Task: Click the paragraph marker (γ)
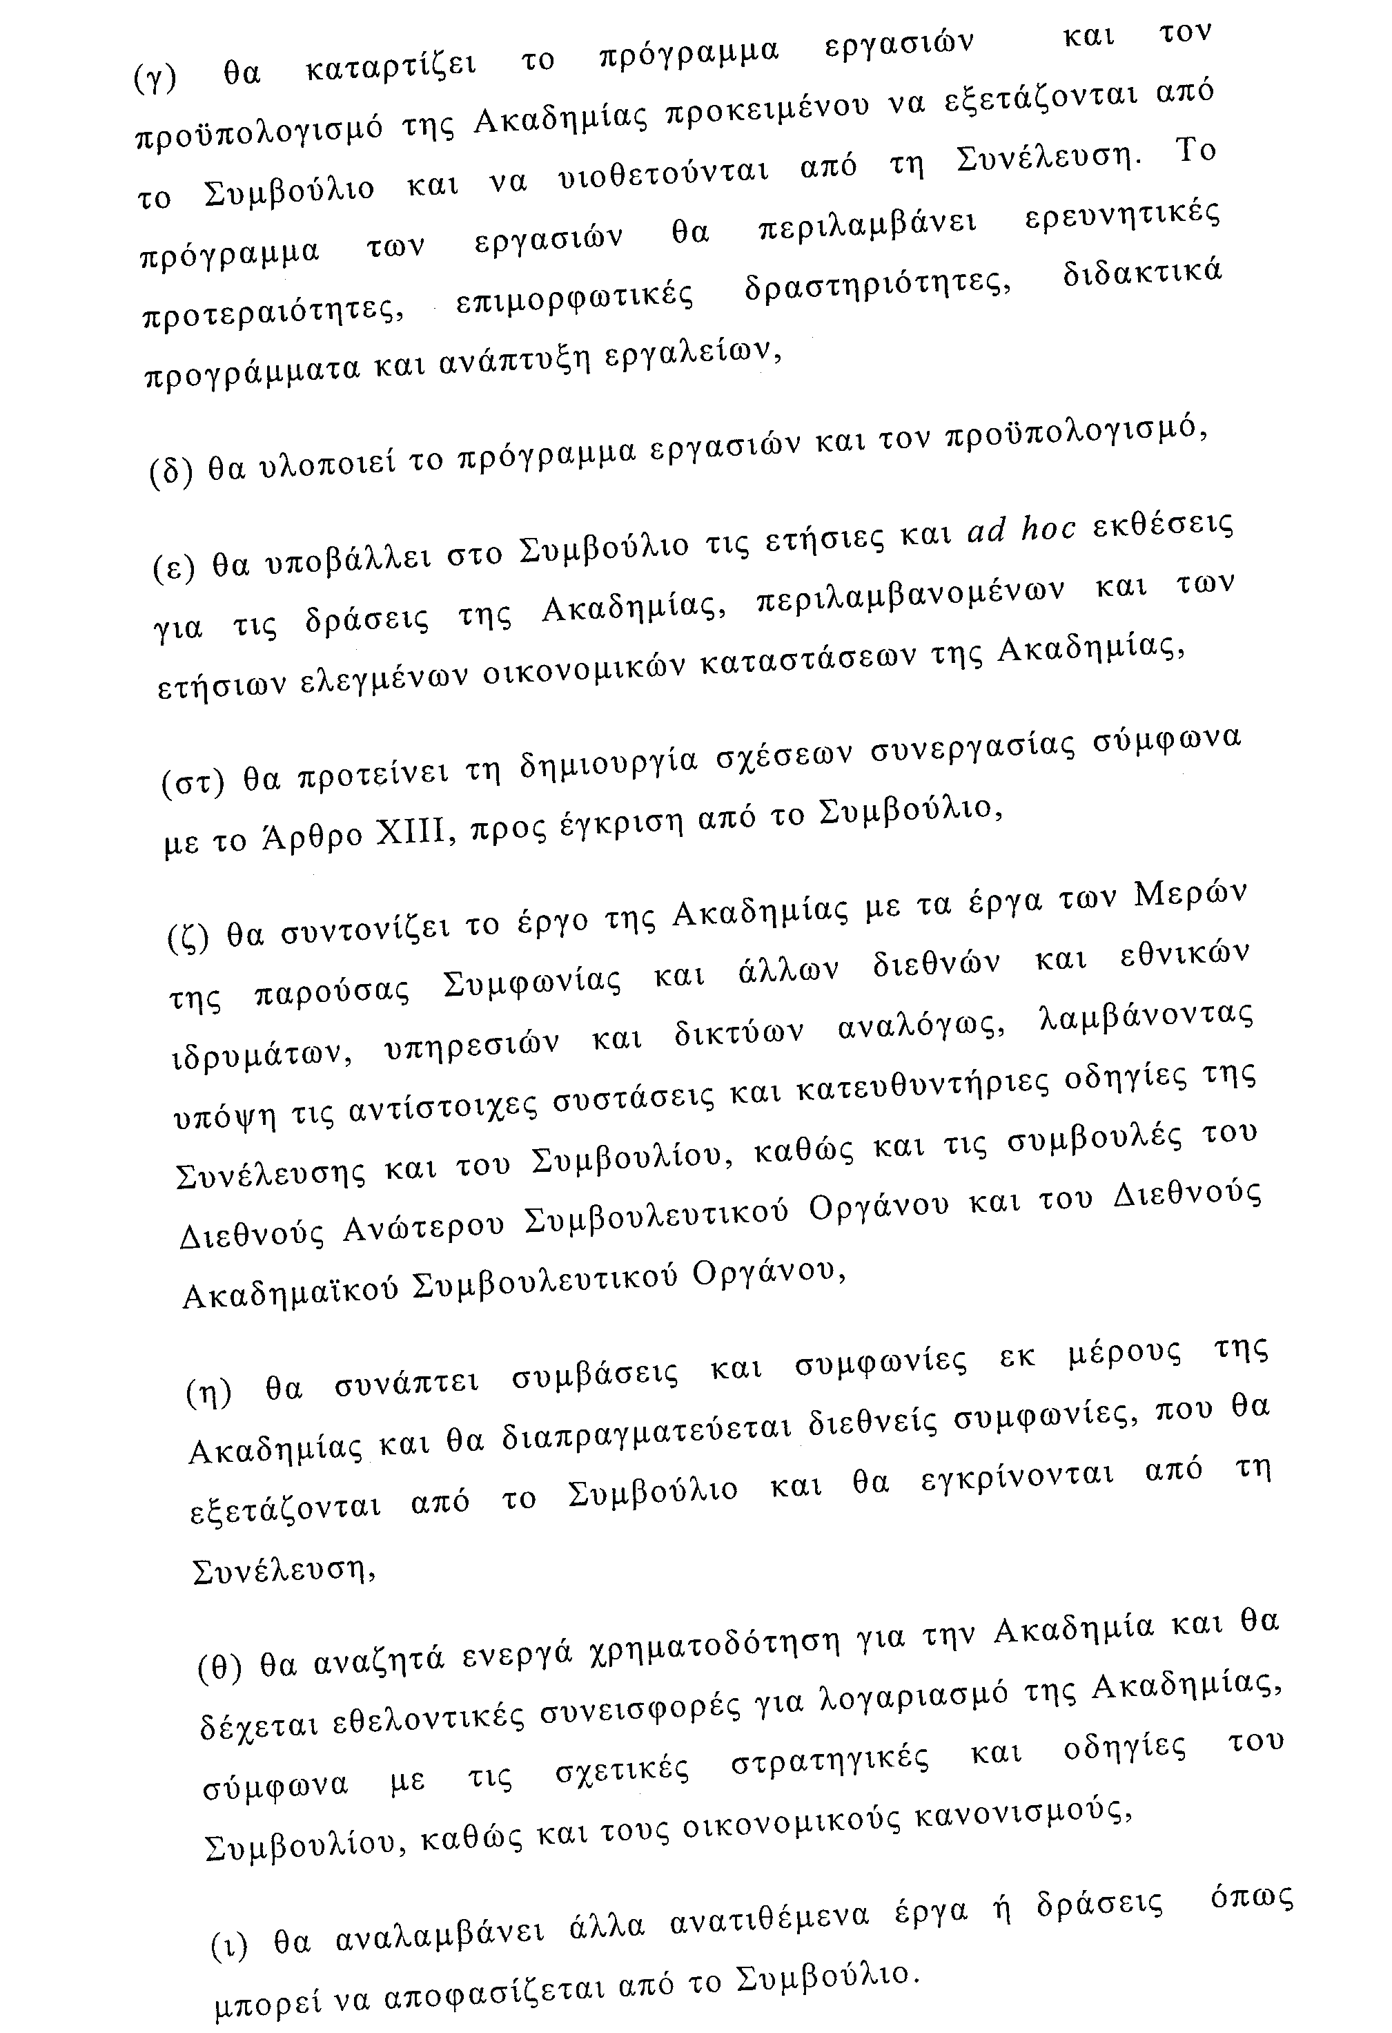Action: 156,79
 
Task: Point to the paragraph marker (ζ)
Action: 187,938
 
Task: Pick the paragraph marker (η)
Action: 209,1393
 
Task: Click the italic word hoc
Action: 1048,529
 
